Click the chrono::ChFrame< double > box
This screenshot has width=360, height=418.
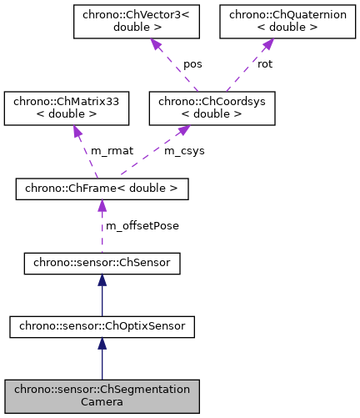coord(102,189)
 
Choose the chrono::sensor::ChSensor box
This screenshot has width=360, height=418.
coord(102,264)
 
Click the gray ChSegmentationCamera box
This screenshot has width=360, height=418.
coord(102,395)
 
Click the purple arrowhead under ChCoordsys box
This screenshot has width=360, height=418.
coord(184,131)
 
